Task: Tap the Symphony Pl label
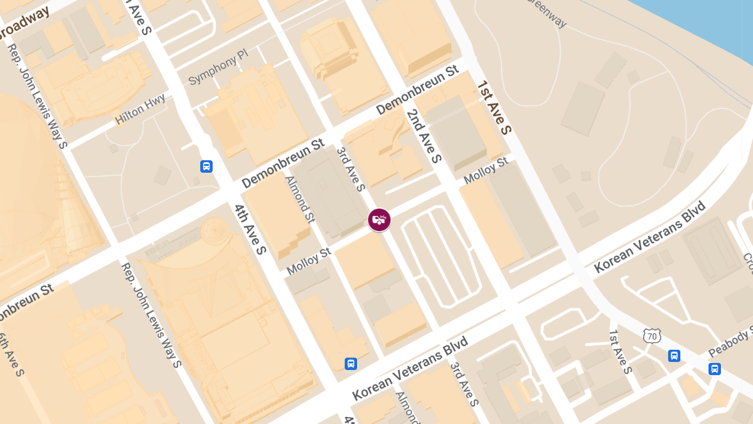click(218, 69)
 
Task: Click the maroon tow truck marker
click(379, 220)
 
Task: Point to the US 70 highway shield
click(652, 336)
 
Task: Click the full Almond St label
click(300, 199)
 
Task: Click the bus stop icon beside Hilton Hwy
click(206, 166)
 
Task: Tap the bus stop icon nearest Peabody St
click(714, 369)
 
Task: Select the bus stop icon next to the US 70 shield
click(674, 356)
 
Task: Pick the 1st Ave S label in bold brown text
click(494, 107)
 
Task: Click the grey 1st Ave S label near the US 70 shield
click(620, 352)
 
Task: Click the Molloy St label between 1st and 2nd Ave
click(486, 171)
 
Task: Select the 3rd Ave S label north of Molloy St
click(350, 169)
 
